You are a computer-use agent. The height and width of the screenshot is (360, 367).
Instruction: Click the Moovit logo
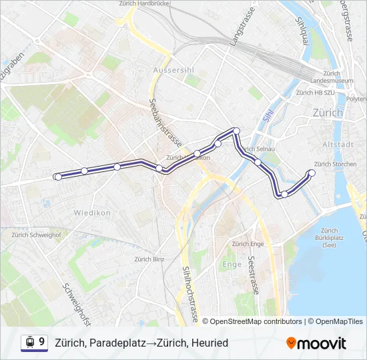(x=316, y=343)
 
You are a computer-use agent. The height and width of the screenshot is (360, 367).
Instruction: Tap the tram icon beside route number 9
(x=29, y=343)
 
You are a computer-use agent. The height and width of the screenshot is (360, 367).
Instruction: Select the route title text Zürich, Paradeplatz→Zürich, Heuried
(x=141, y=343)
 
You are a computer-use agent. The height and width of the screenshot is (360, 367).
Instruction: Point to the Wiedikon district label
(x=92, y=213)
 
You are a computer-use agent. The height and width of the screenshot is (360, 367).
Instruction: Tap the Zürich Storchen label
(x=335, y=164)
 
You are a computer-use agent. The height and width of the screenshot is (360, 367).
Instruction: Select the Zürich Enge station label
(x=248, y=244)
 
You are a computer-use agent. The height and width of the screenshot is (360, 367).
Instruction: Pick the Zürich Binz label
(x=149, y=259)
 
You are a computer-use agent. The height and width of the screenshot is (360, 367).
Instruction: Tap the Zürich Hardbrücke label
(x=145, y=3)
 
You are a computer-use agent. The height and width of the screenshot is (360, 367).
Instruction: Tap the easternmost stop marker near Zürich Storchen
(x=311, y=173)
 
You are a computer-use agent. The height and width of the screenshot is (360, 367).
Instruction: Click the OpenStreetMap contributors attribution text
(x=256, y=321)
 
